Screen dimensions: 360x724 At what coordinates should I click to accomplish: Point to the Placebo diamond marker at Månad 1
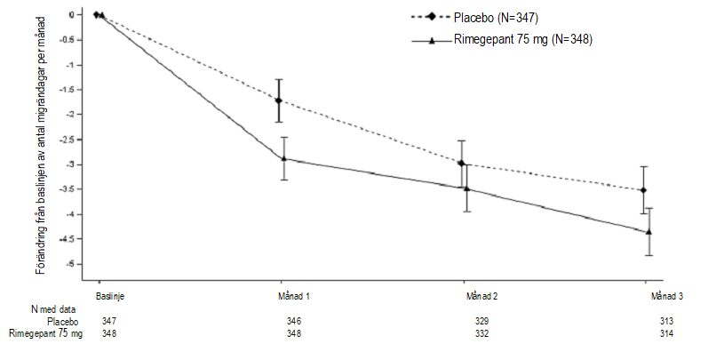tap(279, 101)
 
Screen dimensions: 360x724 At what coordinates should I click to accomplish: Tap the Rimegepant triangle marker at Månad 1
tap(283, 158)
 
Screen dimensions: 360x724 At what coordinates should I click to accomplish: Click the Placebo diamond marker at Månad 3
tap(643, 190)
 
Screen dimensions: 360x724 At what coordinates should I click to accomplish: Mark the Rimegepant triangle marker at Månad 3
tap(648, 232)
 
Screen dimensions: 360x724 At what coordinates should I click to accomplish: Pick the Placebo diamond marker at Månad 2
tap(461, 163)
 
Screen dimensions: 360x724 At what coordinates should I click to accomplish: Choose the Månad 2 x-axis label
tap(481, 294)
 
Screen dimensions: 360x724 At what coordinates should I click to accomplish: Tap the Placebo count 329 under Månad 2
tap(481, 320)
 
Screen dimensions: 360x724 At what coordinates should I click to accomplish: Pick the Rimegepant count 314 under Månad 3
tap(667, 333)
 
